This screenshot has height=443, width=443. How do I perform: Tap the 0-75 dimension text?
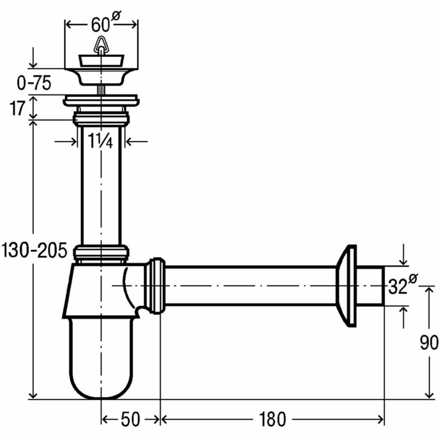coord(34,83)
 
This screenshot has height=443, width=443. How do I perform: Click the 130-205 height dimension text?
coord(34,250)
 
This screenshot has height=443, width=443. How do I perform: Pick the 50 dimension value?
coord(130,419)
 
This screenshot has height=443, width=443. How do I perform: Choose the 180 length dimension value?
coord(272,419)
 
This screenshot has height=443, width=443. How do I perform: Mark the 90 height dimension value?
coord(429,342)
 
